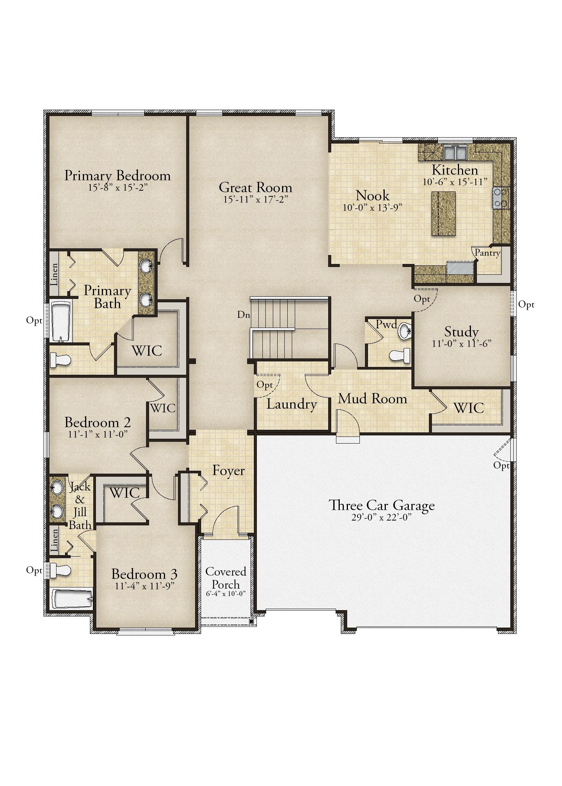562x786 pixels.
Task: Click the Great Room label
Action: [x=255, y=187]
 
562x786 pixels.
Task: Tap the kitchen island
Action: [x=443, y=213]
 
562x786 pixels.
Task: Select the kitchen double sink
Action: [x=455, y=151]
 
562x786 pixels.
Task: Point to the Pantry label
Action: [x=487, y=253]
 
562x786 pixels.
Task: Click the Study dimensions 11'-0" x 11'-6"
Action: [x=462, y=344]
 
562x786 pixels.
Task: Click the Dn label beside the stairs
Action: [x=243, y=315]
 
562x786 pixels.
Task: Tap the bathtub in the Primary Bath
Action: [x=61, y=322]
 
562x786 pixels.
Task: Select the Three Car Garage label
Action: [x=382, y=506]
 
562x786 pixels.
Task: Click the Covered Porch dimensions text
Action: [x=226, y=594]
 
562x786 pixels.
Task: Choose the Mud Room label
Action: [x=372, y=399]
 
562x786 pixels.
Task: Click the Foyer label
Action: [x=228, y=471]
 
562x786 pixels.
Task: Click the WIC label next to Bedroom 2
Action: [x=163, y=408]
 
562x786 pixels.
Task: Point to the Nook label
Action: [x=372, y=196]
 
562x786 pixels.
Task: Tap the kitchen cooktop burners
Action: [x=498, y=198]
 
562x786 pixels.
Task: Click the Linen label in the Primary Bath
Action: [x=54, y=275]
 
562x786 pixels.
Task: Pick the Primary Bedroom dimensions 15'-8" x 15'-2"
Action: [x=118, y=188]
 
